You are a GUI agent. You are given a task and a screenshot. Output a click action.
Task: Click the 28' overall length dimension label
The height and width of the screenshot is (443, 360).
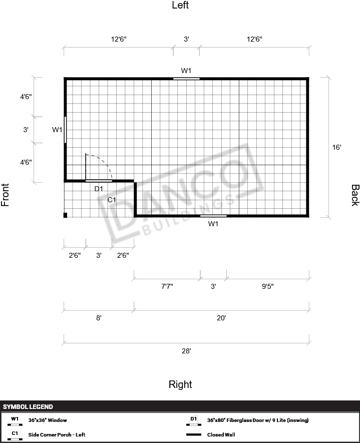pyautogui.click(x=186, y=351)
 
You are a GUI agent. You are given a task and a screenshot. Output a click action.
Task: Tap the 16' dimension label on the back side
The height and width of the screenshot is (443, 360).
pyautogui.click(x=336, y=147)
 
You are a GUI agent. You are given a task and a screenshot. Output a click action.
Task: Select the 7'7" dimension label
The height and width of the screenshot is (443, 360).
pyautogui.click(x=167, y=286)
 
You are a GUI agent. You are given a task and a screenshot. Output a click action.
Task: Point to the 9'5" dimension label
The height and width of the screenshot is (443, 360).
pyautogui.click(x=267, y=286)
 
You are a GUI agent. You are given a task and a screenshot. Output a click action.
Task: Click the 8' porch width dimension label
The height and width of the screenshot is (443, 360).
pyautogui.click(x=99, y=318)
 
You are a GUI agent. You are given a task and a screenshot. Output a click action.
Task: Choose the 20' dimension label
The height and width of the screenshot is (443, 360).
pyautogui.click(x=221, y=318)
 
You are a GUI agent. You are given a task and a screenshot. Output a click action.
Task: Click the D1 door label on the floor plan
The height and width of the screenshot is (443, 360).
pyautogui.click(x=99, y=189)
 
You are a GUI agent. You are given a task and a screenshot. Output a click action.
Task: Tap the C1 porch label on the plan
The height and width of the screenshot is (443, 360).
pyautogui.click(x=112, y=200)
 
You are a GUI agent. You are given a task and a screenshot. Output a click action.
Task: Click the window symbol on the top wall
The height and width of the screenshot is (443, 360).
pyautogui.click(x=186, y=79)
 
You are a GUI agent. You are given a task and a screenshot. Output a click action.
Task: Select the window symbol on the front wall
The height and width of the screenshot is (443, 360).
pyautogui.click(x=65, y=130)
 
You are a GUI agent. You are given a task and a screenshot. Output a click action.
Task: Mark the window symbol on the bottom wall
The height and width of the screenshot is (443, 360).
pyautogui.click(x=213, y=216)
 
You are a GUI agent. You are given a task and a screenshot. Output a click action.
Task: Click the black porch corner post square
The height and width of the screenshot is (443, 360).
pyautogui.click(x=65, y=215)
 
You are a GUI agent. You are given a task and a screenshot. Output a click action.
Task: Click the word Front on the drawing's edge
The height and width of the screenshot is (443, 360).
pyautogui.click(x=5, y=195)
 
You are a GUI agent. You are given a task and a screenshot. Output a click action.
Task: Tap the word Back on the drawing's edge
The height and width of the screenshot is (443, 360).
pyautogui.click(x=355, y=195)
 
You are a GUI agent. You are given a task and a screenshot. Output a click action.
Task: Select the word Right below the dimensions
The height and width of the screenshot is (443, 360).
pyautogui.click(x=180, y=384)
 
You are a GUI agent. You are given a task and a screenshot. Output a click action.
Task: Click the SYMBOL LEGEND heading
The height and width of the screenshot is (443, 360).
pyautogui.click(x=28, y=407)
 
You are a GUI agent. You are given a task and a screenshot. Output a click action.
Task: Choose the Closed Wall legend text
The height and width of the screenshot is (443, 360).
pyautogui.click(x=221, y=434)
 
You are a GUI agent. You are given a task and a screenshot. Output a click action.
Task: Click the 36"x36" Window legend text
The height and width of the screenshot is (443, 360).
pyautogui.click(x=48, y=420)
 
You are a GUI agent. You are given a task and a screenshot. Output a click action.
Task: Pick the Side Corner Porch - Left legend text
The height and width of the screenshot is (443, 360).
pyautogui.click(x=57, y=434)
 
